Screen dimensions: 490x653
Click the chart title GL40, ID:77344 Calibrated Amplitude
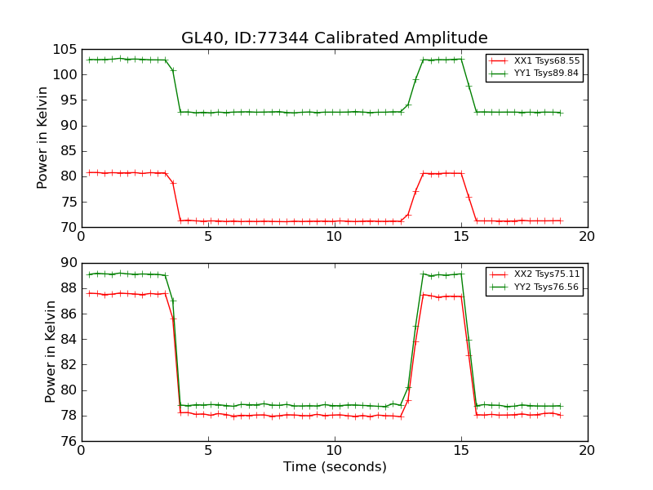[334, 38]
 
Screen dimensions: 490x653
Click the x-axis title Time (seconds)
[335, 467]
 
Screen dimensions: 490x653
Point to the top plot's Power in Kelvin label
[43, 138]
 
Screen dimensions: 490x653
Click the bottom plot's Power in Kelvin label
[51, 351]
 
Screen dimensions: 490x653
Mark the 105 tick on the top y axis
[66, 49]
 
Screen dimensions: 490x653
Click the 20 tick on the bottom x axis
[587, 450]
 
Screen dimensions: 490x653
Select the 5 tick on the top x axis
[208, 236]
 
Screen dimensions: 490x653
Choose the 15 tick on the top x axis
[461, 236]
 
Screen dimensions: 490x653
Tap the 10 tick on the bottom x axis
[335, 450]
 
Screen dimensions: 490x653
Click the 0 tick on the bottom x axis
[82, 450]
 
